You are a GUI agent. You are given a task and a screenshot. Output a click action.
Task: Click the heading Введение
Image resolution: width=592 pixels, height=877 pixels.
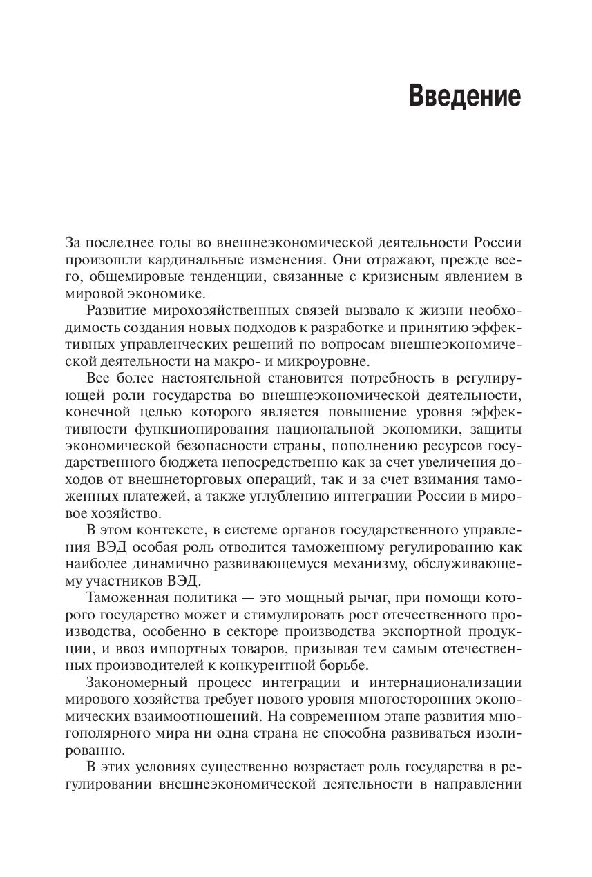(464, 96)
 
